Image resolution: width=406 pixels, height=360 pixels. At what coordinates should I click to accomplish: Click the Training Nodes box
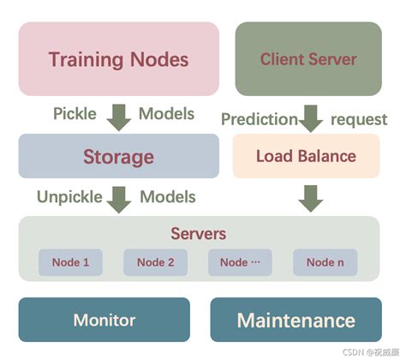click(118, 59)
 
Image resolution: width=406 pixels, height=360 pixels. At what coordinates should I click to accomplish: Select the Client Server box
click(307, 59)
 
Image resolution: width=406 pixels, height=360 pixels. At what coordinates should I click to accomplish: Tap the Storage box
click(118, 157)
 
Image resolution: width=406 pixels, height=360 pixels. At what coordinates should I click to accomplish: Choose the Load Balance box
click(306, 157)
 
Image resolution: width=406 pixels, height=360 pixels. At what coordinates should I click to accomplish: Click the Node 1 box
click(70, 262)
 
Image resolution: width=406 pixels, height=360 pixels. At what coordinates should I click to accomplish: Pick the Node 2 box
click(155, 262)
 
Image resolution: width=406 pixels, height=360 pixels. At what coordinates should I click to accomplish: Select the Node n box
click(325, 262)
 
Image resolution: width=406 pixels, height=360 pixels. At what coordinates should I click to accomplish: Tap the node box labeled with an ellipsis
click(240, 262)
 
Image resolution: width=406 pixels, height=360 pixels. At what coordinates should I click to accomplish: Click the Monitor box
click(104, 321)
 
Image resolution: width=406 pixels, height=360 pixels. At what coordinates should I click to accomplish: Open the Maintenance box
click(296, 321)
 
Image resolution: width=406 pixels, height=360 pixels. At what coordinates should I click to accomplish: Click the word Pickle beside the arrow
click(75, 114)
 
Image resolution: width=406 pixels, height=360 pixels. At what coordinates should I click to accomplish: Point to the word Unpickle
click(69, 196)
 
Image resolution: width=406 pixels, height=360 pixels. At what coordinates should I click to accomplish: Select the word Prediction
click(259, 119)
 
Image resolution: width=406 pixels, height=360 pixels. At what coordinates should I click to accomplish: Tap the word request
click(359, 119)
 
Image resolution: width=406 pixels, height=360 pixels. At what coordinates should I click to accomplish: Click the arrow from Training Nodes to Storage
click(119, 116)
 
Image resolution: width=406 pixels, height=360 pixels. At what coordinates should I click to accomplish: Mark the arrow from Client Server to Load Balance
click(311, 118)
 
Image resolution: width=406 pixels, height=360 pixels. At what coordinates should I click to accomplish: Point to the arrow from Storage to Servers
click(119, 198)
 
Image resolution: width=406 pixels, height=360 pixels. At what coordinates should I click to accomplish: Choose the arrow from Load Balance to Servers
click(311, 198)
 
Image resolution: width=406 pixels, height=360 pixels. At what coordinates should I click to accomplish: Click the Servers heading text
click(198, 234)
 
